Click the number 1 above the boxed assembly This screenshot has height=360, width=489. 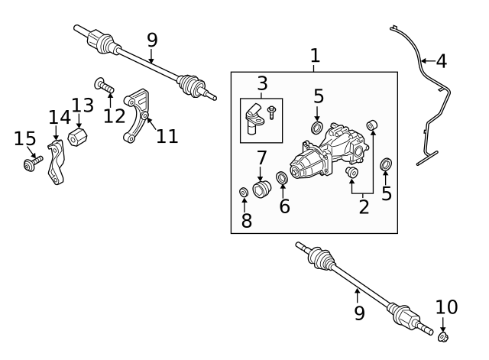pyautogui.click(x=315, y=55)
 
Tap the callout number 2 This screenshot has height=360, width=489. pyautogui.click(x=364, y=206)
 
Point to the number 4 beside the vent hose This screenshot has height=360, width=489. pyautogui.click(x=441, y=60)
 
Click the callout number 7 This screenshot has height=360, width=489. pyautogui.click(x=261, y=159)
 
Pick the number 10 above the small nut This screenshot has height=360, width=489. pyautogui.click(x=447, y=307)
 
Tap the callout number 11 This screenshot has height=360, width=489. pyautogui.click(x=167, y=136)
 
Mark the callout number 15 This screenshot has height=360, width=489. pyautogui.click(x=25, y=138)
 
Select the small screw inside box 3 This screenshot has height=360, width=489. pyautogui.click(x=273, y=112)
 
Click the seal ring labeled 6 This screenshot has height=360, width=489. pyautogui.click(x=281, y=179)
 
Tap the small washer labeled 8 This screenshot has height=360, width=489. pyautogui.click(x=244, y=191)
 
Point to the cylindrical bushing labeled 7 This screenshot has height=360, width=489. pyautogui.click(x=262, y=188)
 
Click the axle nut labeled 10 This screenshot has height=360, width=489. pyautogui.click(x=443, y=336)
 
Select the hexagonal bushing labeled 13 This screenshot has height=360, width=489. pyautogui.click(x=77, y=139)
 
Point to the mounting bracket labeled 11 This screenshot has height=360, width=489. pyautogui.click(x=137, y=115)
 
